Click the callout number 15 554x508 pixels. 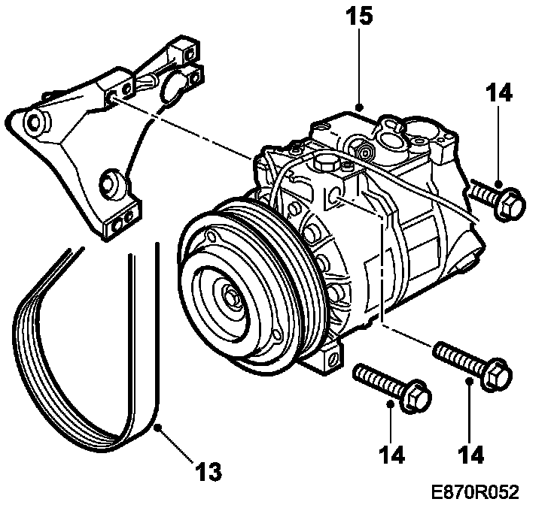click(x=360, y=17)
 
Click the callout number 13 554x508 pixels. click(x=210, y=471)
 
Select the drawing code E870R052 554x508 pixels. click(x=476, y=492)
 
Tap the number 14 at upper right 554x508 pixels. click(x=498, y=93)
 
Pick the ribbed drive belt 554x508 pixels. click(x=83, y=361)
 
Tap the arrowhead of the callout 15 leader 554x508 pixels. click(x=360, y=107)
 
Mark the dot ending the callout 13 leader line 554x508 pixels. click(x=158, y=428)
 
